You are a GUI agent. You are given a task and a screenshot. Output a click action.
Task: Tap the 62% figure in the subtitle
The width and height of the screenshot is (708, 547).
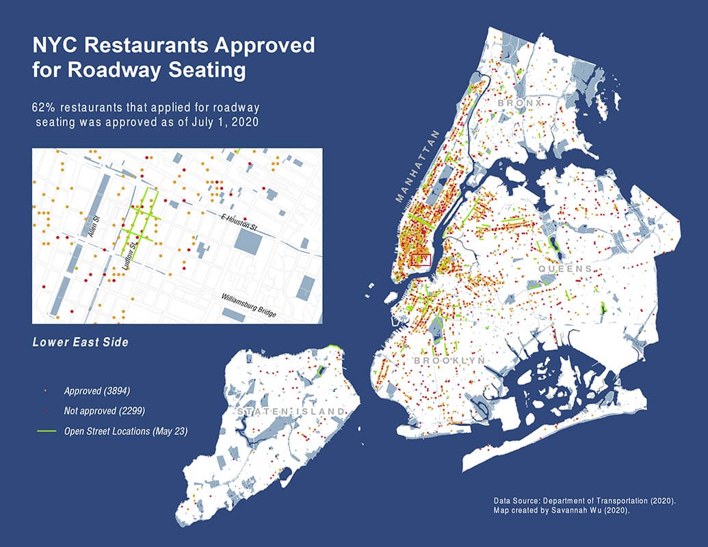[x=42, y=108]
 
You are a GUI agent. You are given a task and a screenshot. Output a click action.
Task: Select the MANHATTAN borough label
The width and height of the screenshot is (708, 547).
[x=418, y=166]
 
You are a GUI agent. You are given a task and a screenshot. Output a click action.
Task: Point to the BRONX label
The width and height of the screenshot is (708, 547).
[x=520, y=103]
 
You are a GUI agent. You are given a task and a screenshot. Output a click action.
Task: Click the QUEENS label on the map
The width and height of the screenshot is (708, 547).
[x=565, y=269]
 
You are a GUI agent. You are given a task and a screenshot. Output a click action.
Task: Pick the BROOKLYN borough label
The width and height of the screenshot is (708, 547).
[x=449, y=360]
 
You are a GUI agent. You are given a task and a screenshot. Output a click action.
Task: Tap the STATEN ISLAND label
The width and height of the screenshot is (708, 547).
[x=291, y=411]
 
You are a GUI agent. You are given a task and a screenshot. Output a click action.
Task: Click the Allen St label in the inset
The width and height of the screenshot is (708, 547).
[x=96, y=226]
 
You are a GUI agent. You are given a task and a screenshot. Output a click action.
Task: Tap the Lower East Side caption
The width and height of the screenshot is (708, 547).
[x=80, y=341]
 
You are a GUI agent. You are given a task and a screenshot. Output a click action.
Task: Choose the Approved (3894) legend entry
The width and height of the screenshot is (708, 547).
[x=96, y=391]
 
